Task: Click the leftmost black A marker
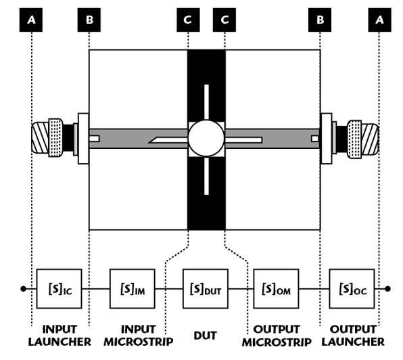[x=31, y=20]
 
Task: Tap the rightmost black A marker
[x=379, y=20]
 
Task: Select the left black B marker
[x=89, y=20]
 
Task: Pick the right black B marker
[x=320, y=20]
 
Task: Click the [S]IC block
[x=59, y=288]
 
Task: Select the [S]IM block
[x=133, y=288]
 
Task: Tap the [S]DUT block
[x=206, y=288]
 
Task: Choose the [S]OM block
[x=276, y=288]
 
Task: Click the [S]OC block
[x=352, y=288]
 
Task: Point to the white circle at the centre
[x=206, y=138]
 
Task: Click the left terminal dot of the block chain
[x=23, y=289]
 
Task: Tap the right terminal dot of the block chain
[x=387, y=289]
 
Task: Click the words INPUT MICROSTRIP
[x=138, y=336]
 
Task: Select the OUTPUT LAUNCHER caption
[x=353, y=336]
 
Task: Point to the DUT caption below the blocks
[x=206, y=336]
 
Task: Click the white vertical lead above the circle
[x=206, y=102]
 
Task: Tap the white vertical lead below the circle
[x=206, y=176]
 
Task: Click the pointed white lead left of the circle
[x=168, y=140]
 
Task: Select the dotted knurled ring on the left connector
[x=55, y=137]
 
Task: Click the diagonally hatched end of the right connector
[x=370, y=139]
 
